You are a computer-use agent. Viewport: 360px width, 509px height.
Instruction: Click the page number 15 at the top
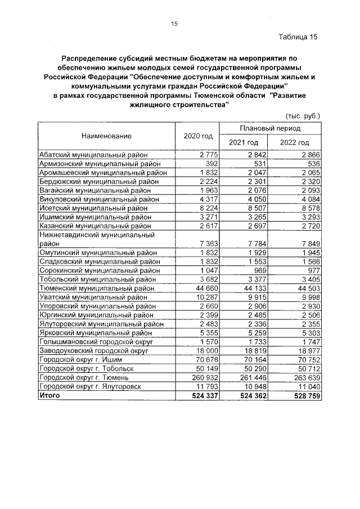(174, 24)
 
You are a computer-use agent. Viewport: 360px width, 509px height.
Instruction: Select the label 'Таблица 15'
(298, 37)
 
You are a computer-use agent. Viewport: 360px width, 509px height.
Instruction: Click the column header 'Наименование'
(106, 136)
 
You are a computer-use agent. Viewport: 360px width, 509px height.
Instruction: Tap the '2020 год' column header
(198, 136)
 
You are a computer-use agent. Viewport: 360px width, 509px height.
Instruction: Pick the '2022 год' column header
(295, 143)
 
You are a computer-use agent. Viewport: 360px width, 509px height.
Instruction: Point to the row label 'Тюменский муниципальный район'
(96, 289)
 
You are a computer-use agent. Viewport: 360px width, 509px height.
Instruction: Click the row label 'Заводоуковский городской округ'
(93, 351)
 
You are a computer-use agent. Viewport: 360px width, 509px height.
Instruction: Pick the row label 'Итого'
(48, 396)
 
